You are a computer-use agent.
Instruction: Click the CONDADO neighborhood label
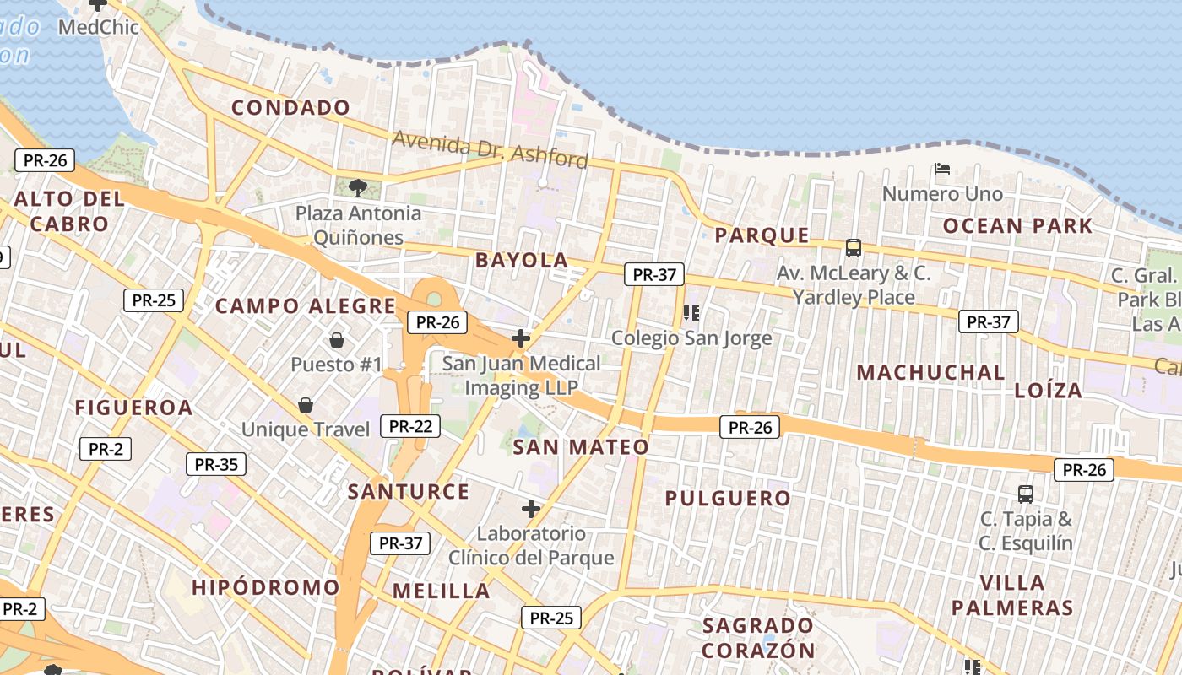point(290,108)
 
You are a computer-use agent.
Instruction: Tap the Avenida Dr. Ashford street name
point(490,149)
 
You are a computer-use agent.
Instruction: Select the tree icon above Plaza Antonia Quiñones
point(358,187)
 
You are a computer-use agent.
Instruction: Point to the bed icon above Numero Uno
point(942,170)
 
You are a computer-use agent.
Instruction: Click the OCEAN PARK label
point(1017,226)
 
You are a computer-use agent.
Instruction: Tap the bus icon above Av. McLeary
point(854,248)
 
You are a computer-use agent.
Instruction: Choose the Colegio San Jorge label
point(691,338)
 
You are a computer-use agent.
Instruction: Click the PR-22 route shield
point(410,426)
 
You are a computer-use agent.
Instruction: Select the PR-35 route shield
point(216,463)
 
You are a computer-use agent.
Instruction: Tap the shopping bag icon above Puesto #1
point(337,340)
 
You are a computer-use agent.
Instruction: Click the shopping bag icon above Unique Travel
point(306,406)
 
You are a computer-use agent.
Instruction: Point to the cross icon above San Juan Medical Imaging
point(521,338)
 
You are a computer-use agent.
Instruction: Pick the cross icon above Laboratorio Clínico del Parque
point(531,509)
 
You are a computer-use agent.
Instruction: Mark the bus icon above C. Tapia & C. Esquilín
point(1026,494)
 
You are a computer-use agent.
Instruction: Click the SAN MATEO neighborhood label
point(581,447)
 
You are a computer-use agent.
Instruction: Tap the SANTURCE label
point(409,491)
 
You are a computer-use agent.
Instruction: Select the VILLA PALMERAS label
point(1012,595)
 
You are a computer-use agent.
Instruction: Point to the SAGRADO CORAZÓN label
point(758,638)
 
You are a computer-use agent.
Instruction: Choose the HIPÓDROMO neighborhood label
point(265,587)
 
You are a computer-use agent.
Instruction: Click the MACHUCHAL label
point(930,372)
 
